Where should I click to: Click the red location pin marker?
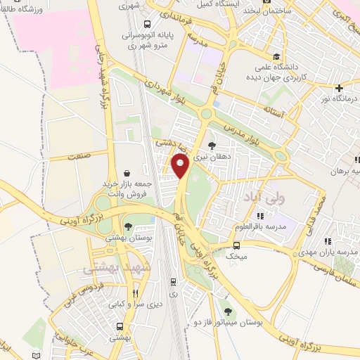point(180,167)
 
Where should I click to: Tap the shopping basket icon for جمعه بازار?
point(126,173)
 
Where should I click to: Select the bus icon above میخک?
point(236,245)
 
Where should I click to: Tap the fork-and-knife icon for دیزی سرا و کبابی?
point(135,294)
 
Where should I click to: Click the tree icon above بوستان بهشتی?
point(129,226)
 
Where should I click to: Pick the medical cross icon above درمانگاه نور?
point(339,88)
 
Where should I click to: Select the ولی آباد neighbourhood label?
point(261,199)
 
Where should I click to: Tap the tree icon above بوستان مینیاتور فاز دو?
point(226,310)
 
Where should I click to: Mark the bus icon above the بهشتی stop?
point(120,326)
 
